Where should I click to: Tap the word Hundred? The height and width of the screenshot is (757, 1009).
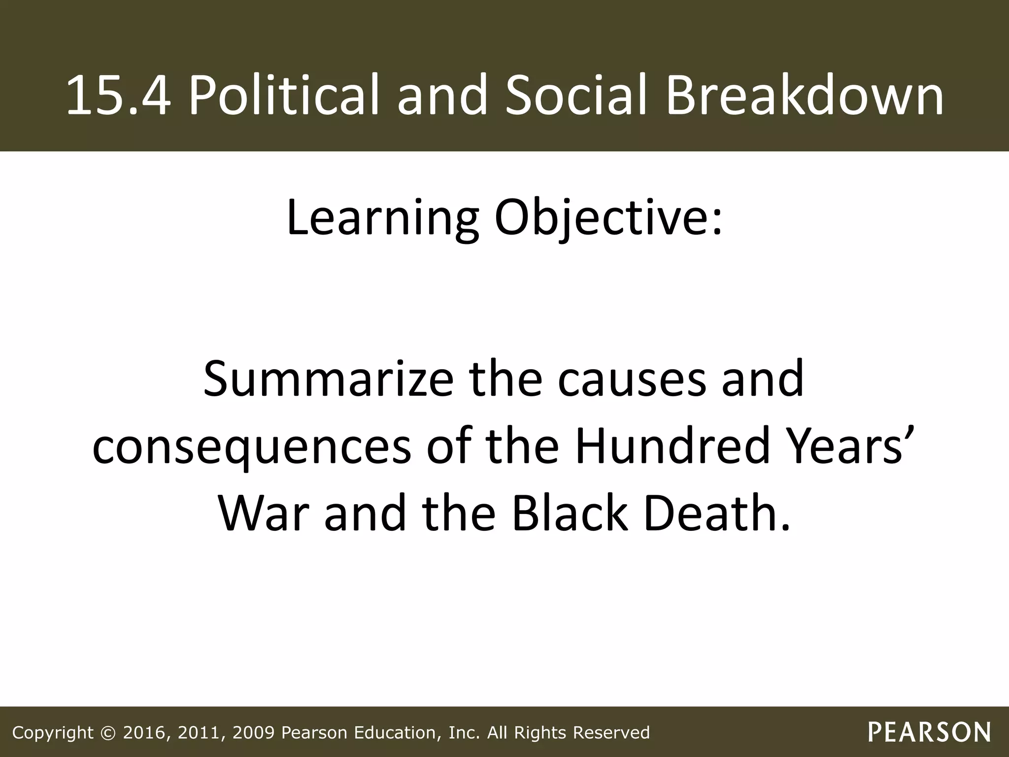point(672,446)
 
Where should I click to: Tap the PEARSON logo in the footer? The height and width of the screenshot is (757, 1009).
point(929,732)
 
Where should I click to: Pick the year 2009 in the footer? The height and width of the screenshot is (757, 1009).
point(253,733)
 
